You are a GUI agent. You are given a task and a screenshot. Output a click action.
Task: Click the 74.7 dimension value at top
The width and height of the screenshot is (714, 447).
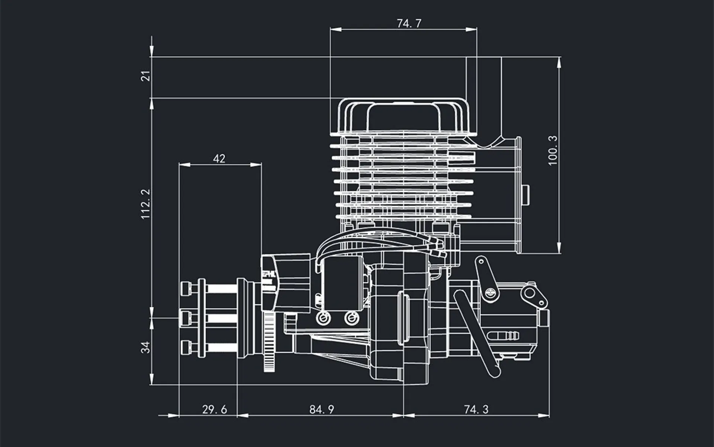coord(409,23)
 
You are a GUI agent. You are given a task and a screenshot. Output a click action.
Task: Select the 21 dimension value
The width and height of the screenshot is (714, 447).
coord(147,76)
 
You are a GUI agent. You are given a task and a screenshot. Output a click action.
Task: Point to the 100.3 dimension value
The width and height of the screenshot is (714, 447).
coord(553,150)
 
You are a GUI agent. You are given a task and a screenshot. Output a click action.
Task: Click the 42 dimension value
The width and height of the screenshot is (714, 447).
coord(219,159)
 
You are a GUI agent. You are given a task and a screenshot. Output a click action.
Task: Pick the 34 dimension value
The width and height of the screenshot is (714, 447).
coord(146,347)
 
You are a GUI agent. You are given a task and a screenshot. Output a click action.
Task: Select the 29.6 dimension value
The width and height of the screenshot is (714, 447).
coord(214,409)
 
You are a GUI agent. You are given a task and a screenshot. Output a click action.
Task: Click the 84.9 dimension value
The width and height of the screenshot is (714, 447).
coord(322,409)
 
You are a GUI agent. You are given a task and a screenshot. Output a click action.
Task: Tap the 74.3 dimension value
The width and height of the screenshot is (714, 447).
coord(476,409)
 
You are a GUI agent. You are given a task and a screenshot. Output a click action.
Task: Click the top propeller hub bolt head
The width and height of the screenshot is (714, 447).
coord(186,288)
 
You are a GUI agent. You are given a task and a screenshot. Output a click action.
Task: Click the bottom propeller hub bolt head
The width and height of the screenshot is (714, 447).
coord(186,348)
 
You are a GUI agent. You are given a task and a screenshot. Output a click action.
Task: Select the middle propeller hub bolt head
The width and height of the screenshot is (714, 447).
coord(186,318)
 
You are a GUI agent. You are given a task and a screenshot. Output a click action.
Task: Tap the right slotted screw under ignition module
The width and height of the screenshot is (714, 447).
coord(351,318)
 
